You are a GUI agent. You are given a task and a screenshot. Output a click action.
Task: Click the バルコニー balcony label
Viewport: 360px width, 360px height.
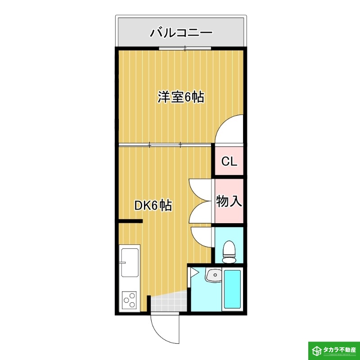[181, 32]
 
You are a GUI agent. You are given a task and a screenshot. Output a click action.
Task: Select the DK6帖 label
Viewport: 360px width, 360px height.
[153, 206]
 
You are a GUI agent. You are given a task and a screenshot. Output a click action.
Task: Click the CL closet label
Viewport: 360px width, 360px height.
[229, 162]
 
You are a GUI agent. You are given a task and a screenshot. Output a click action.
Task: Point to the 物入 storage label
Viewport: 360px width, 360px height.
[229, 201]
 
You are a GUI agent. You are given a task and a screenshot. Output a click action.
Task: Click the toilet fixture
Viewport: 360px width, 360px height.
[229, 252]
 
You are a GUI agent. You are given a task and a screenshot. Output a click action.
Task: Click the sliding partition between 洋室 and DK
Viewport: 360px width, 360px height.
[165, 145]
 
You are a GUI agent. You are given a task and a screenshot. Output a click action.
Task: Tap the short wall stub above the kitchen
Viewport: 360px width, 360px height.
[130, 221]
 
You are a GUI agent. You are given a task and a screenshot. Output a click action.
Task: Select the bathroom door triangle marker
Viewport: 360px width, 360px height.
[193, 272]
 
